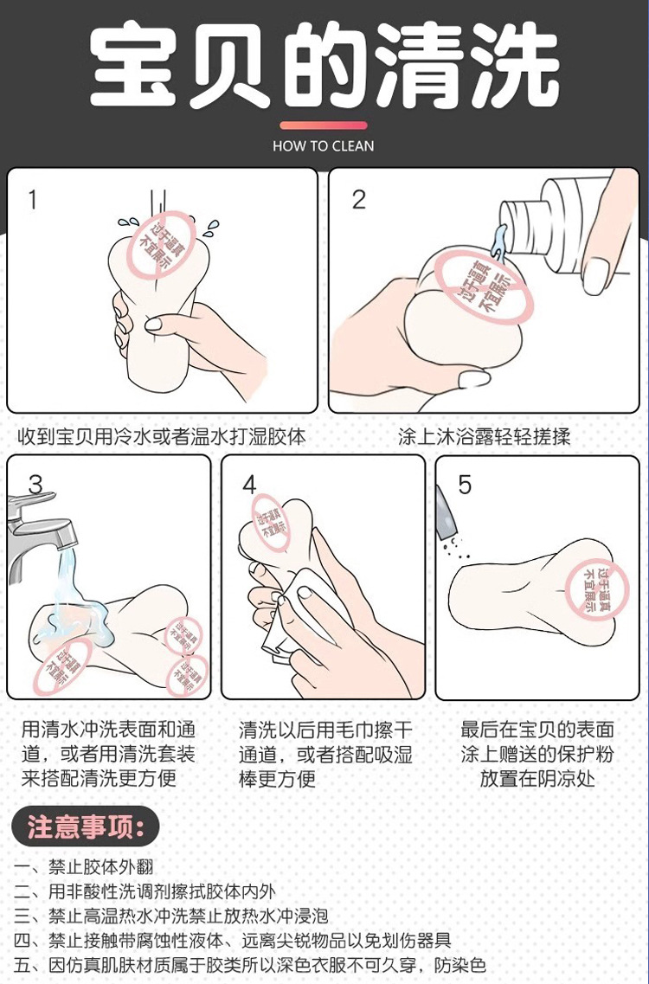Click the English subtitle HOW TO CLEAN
pyautogui.click(x=324, y=146)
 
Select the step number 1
pyautogui.click(x=33, y=200)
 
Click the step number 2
pyautogui.click(x=358, y=200)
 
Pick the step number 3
pyautogui.click(x=35, y=485)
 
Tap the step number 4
pyautogui.click(x=249, y=485)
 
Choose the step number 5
pyautogui.click(x=465, y=485)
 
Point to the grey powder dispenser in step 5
pyautogui.click(x=447, y=511)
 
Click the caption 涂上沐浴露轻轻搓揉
pyautogui.click(x=485, y=435)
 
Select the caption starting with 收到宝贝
pyautogui.click(x=162, y=435)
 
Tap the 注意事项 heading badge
pyautogui.click(x=85, y=826)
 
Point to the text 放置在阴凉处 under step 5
pyautogui.click(x=537, y=778)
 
